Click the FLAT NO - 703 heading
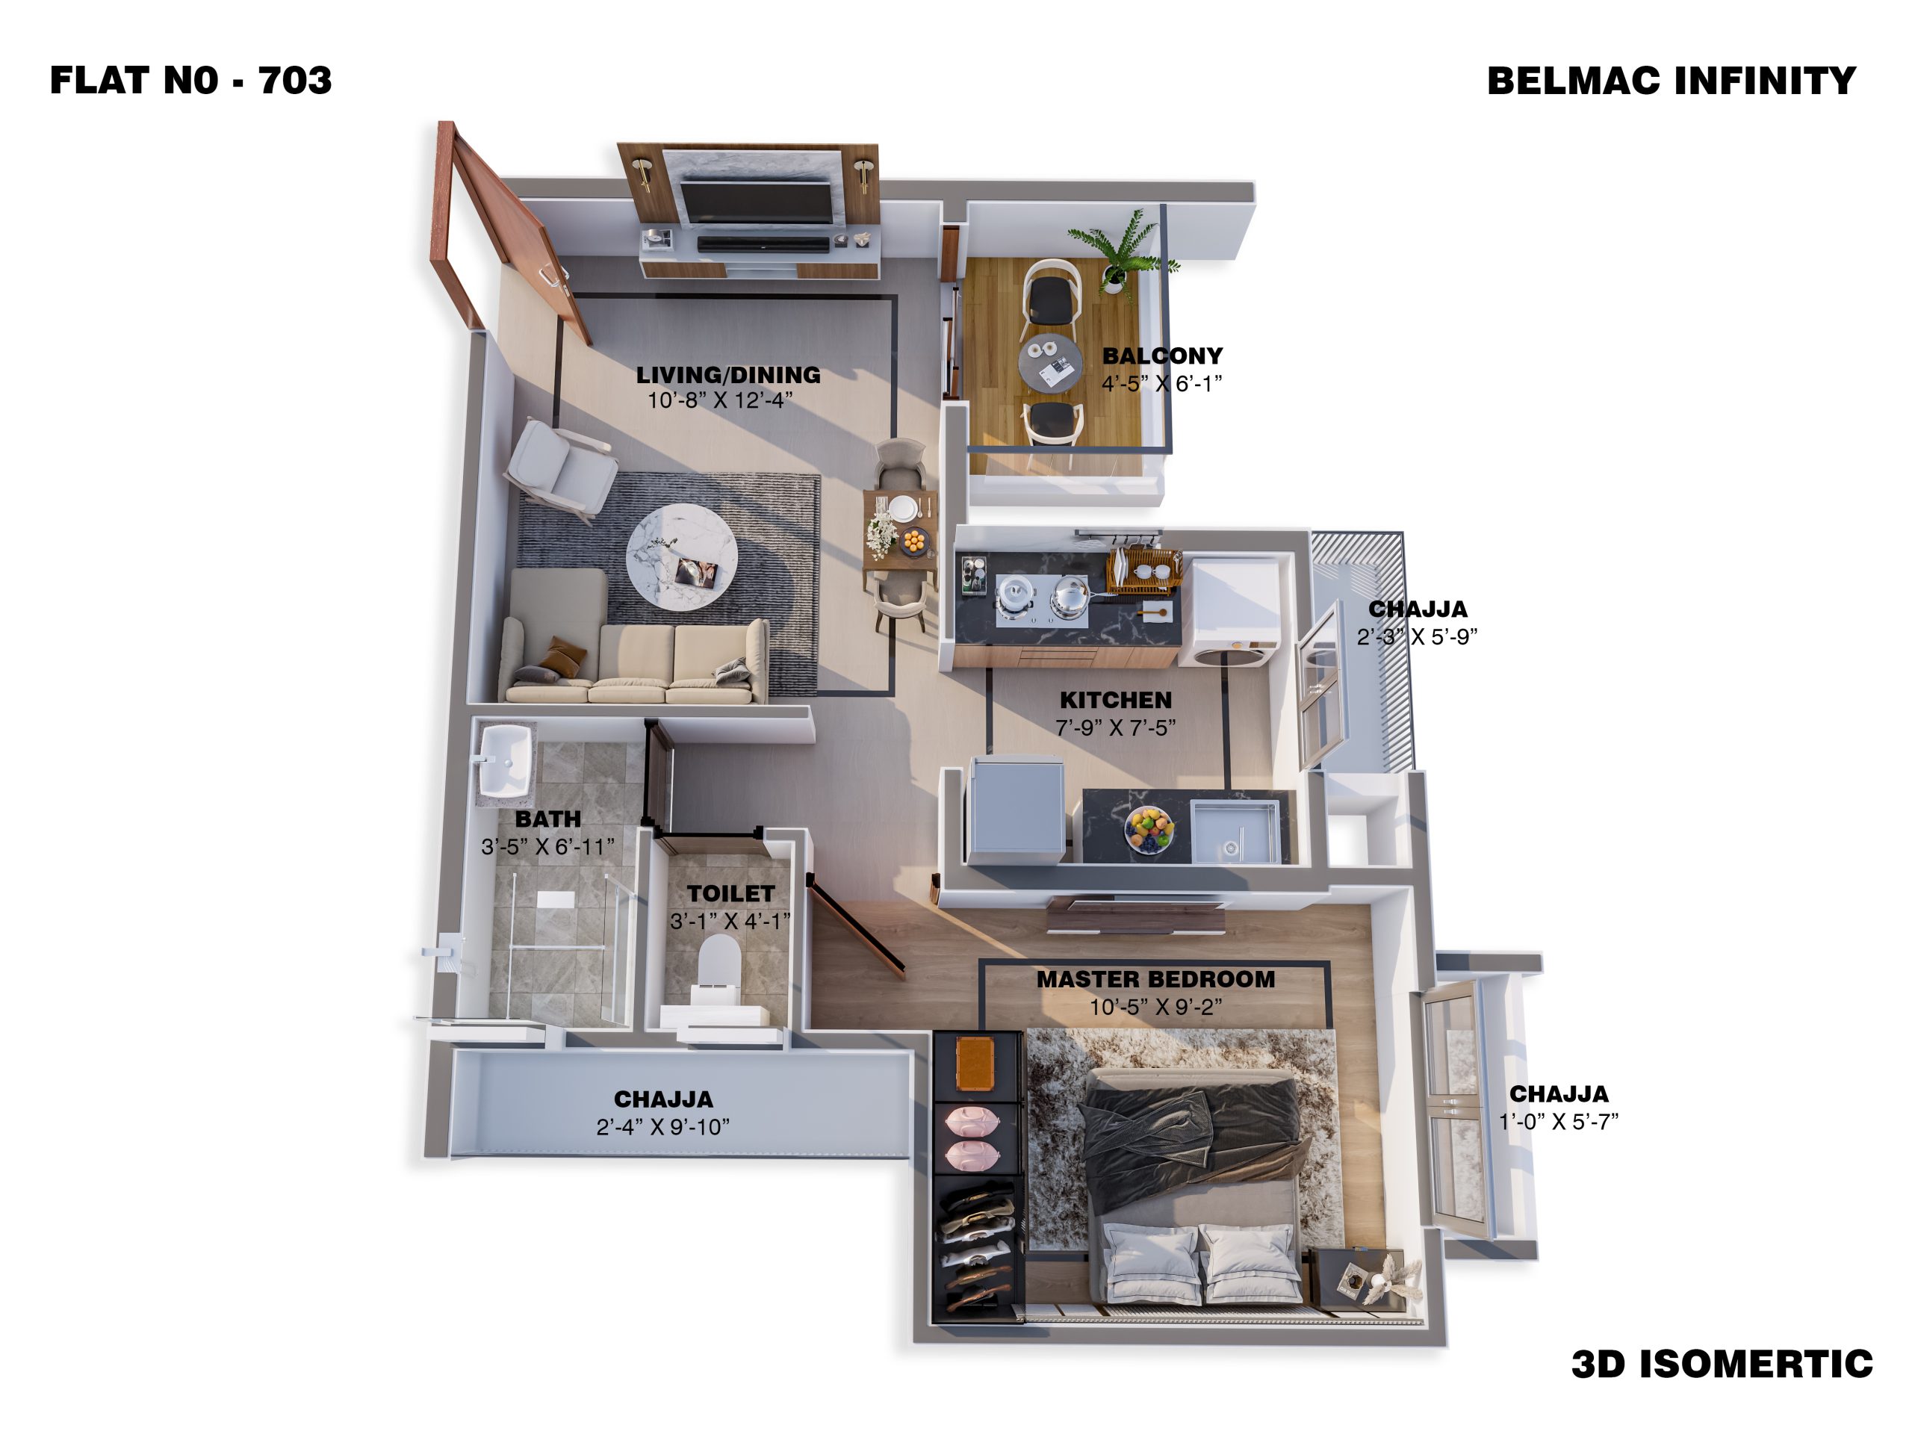click(191, 81)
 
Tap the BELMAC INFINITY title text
click(1671, 81)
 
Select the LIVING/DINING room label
click(727, 374)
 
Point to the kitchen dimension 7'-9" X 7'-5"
click(1115, 727)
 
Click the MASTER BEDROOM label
click(1155, 979)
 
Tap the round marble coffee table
click(682, 559)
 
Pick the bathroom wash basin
click(504, 760)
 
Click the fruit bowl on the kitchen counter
click(1149, 830)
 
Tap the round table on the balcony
click(1049, 364)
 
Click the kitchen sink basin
click(1235, 831)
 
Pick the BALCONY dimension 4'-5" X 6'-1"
click(1161, 384)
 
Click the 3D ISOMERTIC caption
click(1722, 1364)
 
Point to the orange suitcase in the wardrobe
click(975, 1064)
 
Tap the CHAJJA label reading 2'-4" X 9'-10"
click(663, 1126)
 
